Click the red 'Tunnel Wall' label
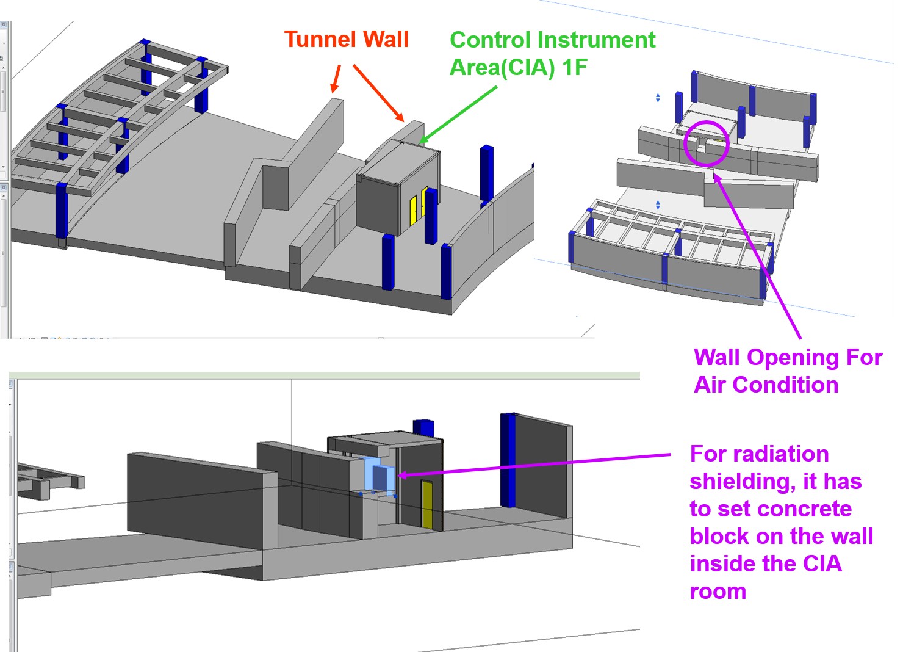pyautogui.click(x=346, y=40)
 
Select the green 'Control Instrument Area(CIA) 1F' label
pyautogui.click(x=552, y=53)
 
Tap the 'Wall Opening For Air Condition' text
pyautogui.click(x=788, y=371)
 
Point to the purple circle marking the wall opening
pyautogui.click(x=706, y=143)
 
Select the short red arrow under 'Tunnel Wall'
pyautogui.click(x=336, y=79)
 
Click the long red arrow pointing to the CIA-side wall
pyautogui.click(x=378, y=93)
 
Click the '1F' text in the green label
pyautogui.click(x=574, y=67)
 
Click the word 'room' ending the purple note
pyautogui.click(x=718, y=592)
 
